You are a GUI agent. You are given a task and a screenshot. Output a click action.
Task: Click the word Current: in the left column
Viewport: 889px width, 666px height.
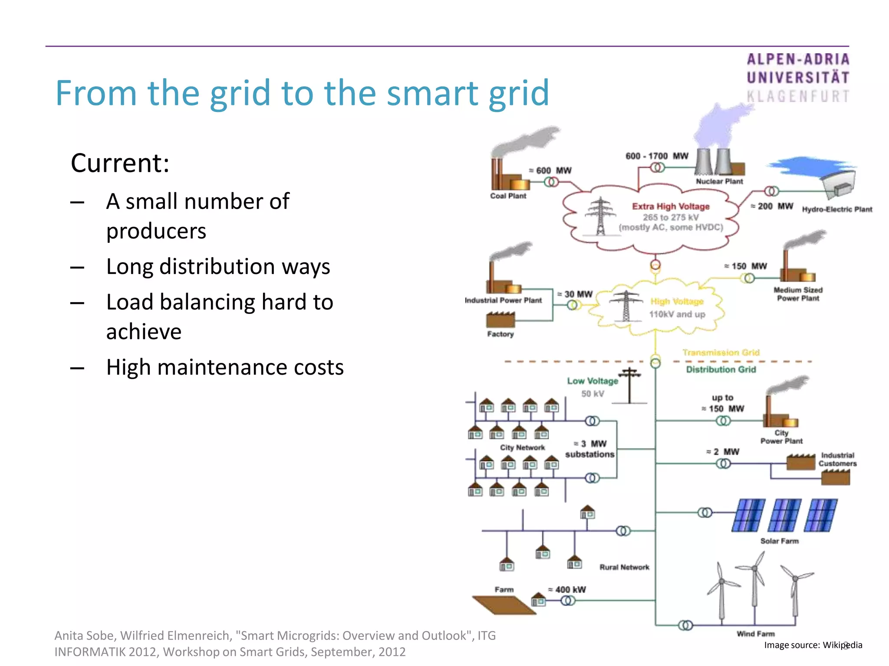(x=120, y=163)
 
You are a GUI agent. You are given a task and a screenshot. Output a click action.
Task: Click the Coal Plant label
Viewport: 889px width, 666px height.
(x=508, y=196)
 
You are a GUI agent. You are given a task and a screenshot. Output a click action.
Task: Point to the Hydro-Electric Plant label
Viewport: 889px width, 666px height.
(x=837, y=209)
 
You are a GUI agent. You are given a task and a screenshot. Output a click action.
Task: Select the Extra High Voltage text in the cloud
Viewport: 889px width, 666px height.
(x=671, y=206)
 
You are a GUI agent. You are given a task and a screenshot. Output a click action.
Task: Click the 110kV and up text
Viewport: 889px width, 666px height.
(x=677, y=314)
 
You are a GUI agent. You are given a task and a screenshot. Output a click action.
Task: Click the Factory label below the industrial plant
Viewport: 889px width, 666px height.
(x=500, y=334)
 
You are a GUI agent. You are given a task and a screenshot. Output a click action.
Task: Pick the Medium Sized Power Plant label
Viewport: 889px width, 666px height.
(x=798, y=294)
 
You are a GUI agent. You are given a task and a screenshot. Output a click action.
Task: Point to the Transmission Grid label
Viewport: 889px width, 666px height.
(x=721, y=353)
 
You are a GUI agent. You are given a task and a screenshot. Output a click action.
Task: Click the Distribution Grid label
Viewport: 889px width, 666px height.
(x=721, y=369)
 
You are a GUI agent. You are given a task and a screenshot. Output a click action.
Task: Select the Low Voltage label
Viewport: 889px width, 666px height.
(x=592, y=381)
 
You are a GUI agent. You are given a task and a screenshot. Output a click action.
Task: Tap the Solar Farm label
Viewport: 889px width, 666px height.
(x=779, y=541)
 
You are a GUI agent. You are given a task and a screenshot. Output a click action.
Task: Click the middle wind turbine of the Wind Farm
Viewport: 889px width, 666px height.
(x=755, y=585)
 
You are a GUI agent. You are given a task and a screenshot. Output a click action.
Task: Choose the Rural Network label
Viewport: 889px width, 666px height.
(x=624, y=567)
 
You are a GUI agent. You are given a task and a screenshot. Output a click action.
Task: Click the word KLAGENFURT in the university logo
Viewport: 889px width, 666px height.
(x=798, y=96)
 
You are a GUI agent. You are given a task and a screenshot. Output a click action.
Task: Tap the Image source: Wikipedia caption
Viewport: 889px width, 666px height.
(x=813, y=645)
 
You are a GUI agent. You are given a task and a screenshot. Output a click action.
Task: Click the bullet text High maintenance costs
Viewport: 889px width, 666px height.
(x=225, y=367)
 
